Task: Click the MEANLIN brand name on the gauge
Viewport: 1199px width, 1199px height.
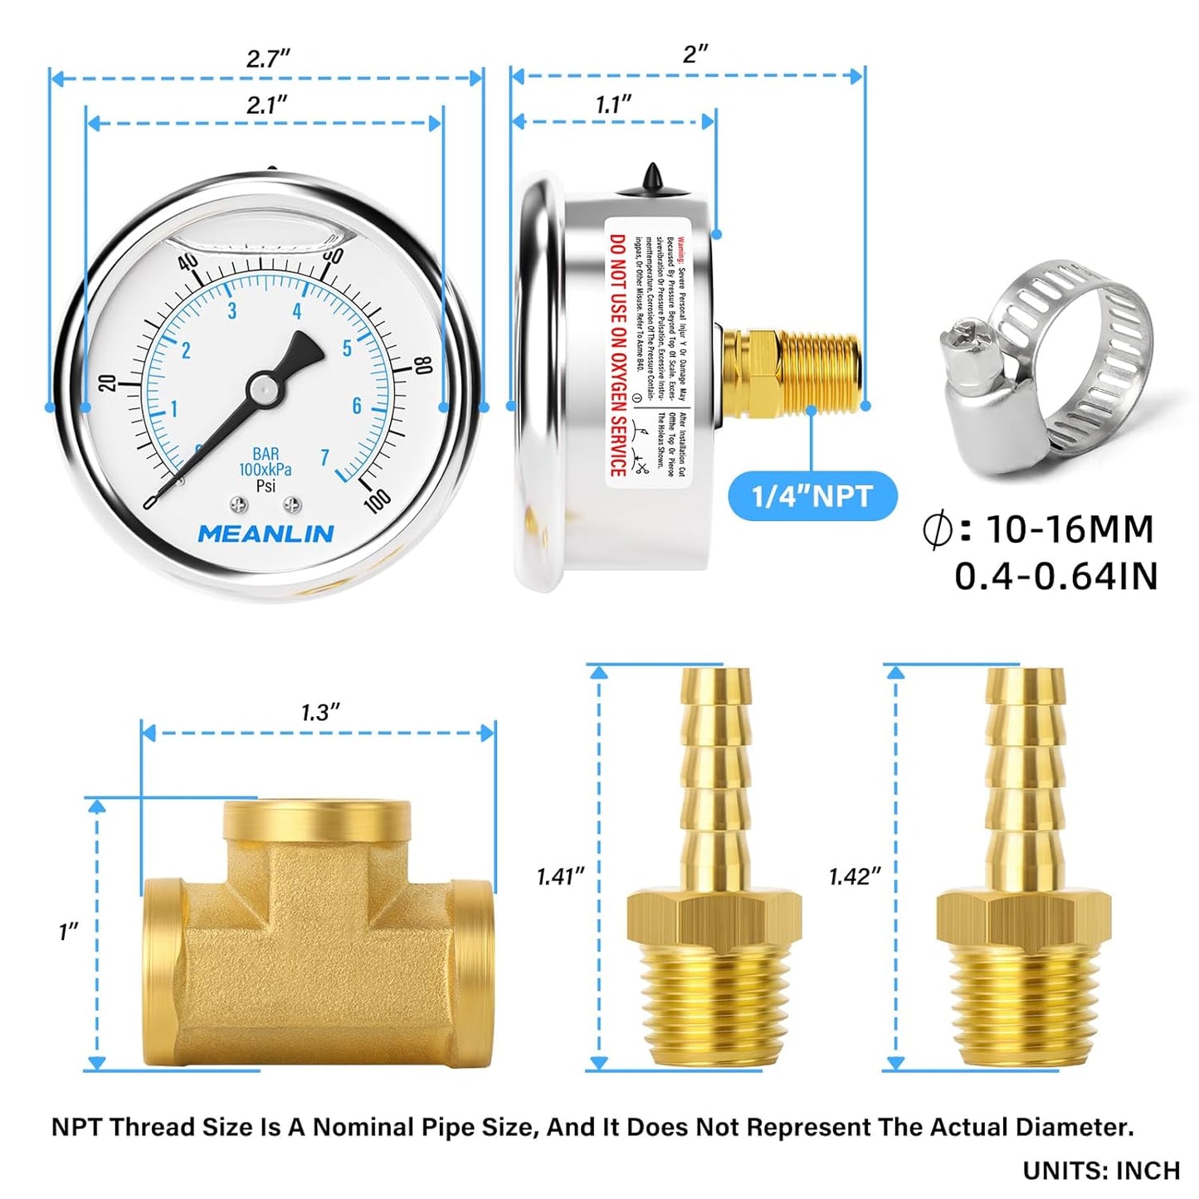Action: tap(266, 534)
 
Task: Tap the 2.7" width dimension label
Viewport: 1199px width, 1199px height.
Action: tap(268, 59)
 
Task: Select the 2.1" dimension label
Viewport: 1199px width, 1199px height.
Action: tap(266, 105)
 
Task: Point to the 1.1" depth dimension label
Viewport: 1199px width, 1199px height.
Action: tap(613, 105)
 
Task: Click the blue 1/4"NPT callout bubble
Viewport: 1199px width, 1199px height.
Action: tap(812, 496)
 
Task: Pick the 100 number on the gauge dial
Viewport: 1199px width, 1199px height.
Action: tap(377, 500)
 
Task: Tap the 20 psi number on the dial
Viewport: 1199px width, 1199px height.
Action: tap(107, 383)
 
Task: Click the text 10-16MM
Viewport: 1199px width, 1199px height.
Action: tap(1069, 529)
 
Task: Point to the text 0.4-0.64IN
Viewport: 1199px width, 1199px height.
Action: tap(1055, 577)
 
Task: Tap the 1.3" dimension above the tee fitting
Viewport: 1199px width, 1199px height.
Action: tap(320, 713)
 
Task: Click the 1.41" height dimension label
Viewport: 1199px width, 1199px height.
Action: tap(560, 876)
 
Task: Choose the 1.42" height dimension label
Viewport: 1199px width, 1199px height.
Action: tap(854, 876)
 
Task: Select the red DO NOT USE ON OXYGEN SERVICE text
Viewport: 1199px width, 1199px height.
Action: tap(618, 355)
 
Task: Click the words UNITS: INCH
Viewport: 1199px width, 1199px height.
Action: tap(1101, 1170)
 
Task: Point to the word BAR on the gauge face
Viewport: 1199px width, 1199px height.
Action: tap(266, 454)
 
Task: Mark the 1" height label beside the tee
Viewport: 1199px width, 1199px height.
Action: tap(68, 932)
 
